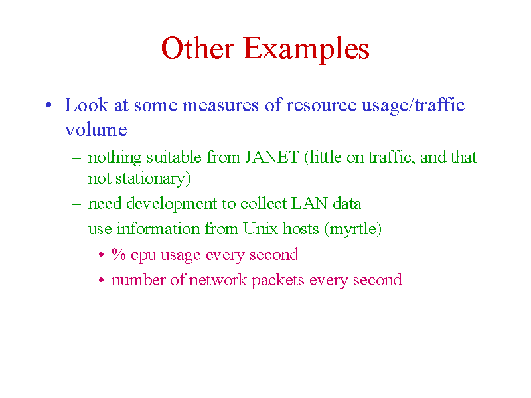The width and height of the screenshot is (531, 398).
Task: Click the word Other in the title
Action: click(x=197, y=48)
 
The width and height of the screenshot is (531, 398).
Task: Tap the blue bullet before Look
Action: click(x=48, y=105)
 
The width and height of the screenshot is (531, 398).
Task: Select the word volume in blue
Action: click(x=96, y=129)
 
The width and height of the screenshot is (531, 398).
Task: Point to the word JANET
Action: click(x=272, y=157)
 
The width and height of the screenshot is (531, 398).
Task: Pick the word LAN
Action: click(x=309, y=204)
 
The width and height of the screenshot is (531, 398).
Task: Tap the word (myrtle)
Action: click(x=352, y=230)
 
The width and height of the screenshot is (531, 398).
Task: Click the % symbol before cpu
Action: click(x=119, y=254)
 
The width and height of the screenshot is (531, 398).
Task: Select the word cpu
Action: click(x=143, y=256)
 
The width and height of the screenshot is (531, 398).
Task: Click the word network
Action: click(x=218, y=279)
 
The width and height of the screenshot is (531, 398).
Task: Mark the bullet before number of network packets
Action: click(x=101, y=280)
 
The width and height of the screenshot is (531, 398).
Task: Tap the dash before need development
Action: click(x=76, y=204)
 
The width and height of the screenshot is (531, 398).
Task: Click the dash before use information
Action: click(x=76, y=229)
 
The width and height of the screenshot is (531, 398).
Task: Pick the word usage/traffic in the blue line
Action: click(x=413, y=105)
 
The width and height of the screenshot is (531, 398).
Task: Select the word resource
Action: click(x=321, y=105)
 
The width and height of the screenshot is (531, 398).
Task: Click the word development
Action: click(x=171, y=204)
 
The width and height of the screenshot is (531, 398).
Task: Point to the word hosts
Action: click(x=301, y=228)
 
